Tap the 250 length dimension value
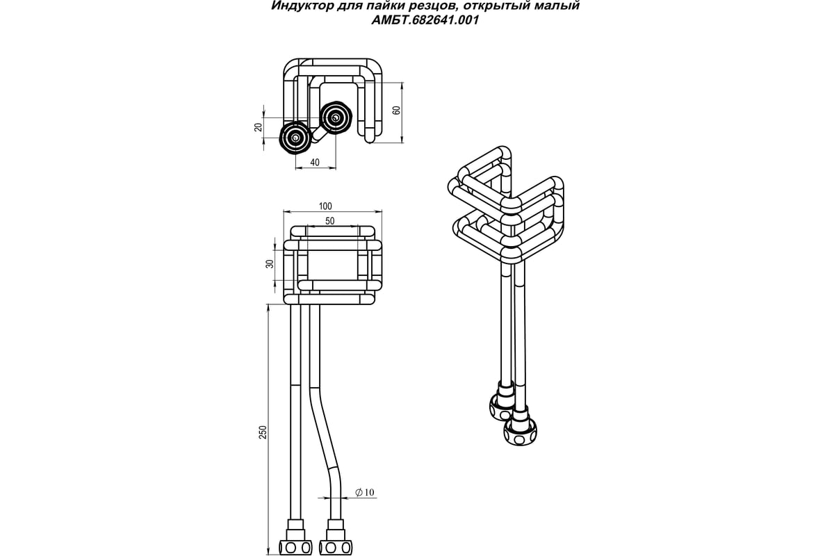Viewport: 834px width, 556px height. pos(262,430)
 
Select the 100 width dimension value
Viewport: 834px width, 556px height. pos(325,206)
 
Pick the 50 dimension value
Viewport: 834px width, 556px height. pos(330,220)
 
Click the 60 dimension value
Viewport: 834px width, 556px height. pos(397,112)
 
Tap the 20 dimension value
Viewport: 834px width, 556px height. pos(258,126)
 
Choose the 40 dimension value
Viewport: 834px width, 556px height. pos(315,162)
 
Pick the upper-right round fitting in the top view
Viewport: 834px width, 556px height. pos(336,117)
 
